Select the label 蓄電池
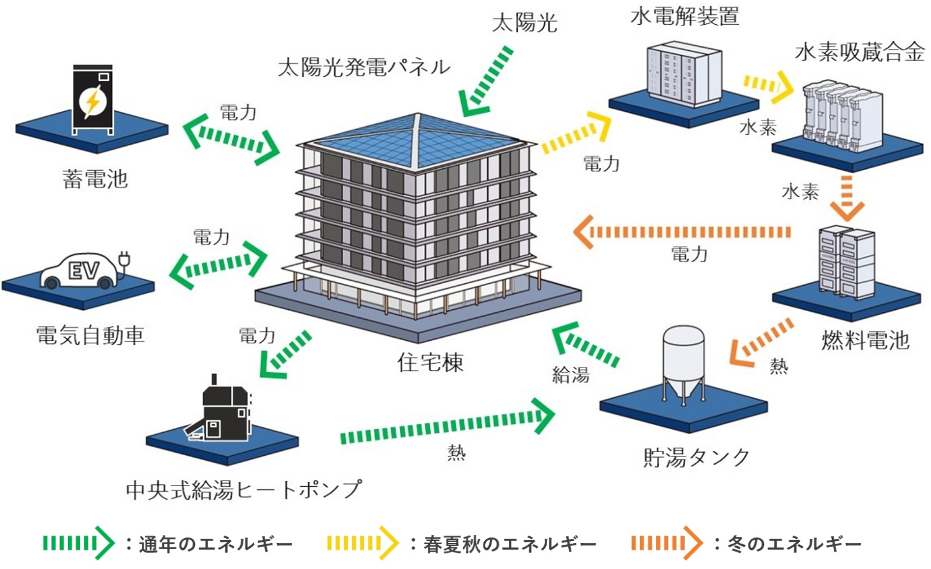pos(95,179)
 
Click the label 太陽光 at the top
pos(524,23)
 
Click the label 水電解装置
pos(685,16)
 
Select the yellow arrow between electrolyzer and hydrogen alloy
pos(768,87)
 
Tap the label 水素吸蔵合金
pos(860,53)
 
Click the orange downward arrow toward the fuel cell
pos(847,199)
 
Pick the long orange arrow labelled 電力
pos(682,232)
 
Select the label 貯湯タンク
pos(696,458)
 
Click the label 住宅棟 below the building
pos(430,362)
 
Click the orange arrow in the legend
pos(667,543)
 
